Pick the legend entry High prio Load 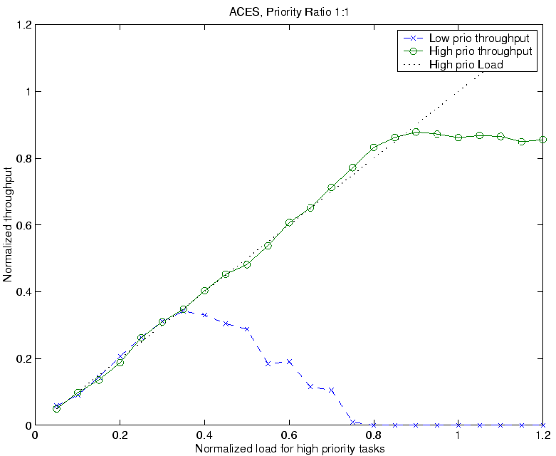[466, 65]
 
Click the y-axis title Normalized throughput [8, 225]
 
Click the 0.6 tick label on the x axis [289, 435]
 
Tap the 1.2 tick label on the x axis [543, 435]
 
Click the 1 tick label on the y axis [27, 92]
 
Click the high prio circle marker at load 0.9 [416, 132]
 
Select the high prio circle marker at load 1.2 [543, 140]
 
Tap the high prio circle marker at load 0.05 [57, 408]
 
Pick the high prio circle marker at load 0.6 [290, 222]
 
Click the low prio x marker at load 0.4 [205, 314]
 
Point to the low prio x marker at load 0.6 [290, 361]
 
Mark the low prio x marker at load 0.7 [332, 390]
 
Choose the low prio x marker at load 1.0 [458, 425]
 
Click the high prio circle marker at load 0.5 [247, 264]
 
